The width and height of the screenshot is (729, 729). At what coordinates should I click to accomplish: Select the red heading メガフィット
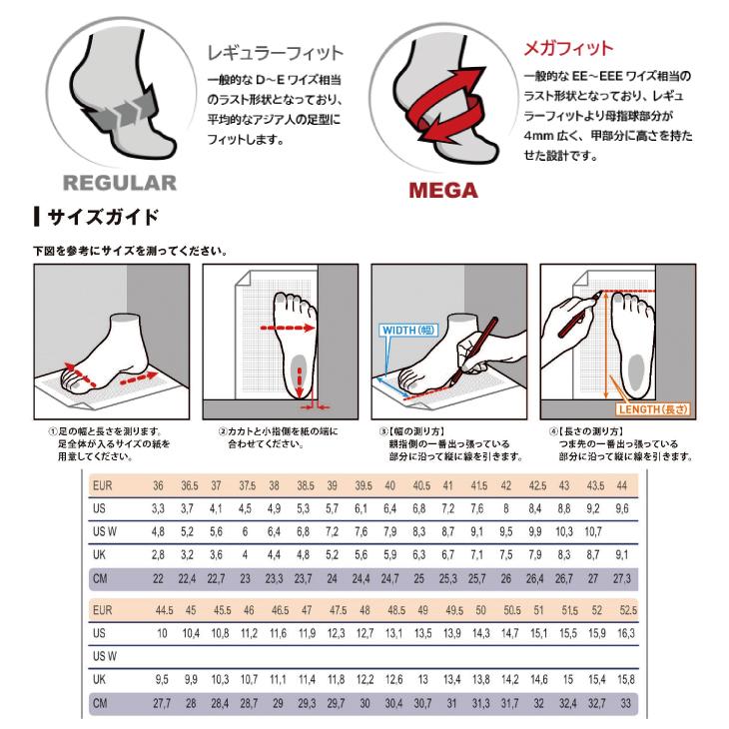pos(568,48)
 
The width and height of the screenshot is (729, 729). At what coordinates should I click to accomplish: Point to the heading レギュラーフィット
pos(274,52)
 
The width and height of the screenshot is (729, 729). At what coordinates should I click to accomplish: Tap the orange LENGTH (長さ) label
pos(655,408)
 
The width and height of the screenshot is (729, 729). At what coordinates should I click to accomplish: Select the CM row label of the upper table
pos(100,578)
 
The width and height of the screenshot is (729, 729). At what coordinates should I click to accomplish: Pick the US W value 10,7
pos(591,531)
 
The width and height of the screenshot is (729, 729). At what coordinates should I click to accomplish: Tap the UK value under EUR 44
pos(621,554)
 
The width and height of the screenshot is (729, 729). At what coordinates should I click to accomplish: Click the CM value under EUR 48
pos(364,702)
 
